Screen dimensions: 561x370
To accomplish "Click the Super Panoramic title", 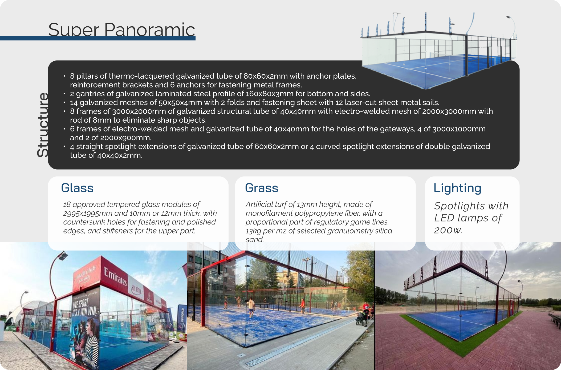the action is coord(122,30).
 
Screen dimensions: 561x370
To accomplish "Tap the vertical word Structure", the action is coord(43,125).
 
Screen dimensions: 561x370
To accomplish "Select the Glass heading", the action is coord(77,188).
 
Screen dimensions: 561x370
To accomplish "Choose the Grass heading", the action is coord(262,188).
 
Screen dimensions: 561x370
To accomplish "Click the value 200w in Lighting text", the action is coord(448,230).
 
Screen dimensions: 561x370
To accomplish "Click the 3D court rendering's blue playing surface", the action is coord(437,69).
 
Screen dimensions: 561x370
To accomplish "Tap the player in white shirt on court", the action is coord(251,307).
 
